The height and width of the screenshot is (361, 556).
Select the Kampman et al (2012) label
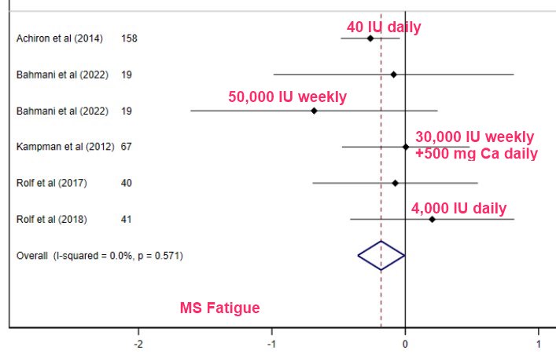point(65,147)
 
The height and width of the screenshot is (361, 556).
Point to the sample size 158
point(129,38)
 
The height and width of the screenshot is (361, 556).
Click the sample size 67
point(127,147)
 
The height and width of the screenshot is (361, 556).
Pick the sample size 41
point(127,219)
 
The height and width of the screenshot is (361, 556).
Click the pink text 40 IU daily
point(384,27)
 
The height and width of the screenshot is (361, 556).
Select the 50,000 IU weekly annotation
point(287,97)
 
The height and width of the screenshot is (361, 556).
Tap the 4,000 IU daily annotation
point(458,209)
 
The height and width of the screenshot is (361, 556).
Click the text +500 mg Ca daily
point(476,154)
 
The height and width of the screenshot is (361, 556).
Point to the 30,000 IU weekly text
point(475,137)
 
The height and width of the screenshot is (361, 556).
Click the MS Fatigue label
point(220,308)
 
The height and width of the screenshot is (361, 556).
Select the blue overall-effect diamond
point(381,255)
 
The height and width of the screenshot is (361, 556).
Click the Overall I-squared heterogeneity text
point(100,255)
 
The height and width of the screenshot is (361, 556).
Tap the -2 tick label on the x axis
point(138,344)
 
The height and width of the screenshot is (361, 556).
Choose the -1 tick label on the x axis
point(271,344)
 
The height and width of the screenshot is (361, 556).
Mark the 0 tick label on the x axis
point(405,344)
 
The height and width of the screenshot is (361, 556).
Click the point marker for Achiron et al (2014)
point(370,38)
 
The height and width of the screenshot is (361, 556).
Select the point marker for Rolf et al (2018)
point(432,219)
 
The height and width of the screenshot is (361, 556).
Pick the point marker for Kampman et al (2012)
point(406,147)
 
